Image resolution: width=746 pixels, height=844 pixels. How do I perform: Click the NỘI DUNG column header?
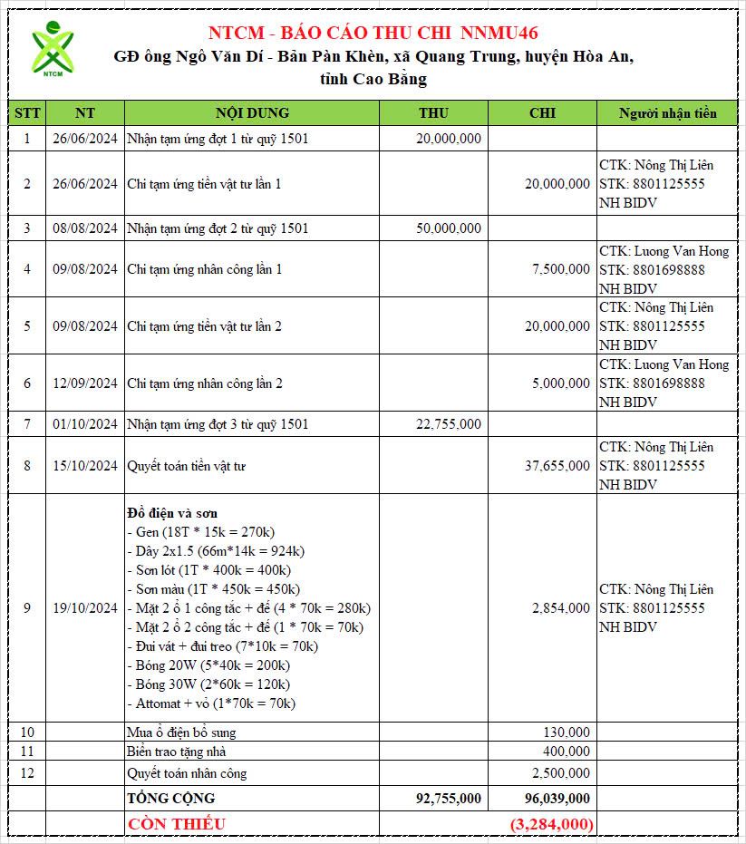(252, 113)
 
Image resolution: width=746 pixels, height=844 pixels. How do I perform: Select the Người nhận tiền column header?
(667, 113)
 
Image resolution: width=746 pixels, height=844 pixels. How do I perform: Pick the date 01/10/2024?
(85, 424)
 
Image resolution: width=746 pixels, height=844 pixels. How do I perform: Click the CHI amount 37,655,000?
(557, 466)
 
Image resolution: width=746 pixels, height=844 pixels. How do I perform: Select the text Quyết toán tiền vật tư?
(187, 466)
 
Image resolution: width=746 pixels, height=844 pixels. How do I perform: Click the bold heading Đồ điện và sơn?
(172, 513)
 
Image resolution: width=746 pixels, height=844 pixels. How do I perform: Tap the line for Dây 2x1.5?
(216, 551)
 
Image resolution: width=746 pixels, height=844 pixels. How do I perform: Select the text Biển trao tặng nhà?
(177, 752)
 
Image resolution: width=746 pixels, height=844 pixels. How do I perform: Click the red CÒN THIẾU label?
(177, 824)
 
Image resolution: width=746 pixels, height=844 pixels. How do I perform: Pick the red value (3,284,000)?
(552, 824)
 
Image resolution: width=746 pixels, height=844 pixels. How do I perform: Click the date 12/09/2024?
(85, 383)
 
